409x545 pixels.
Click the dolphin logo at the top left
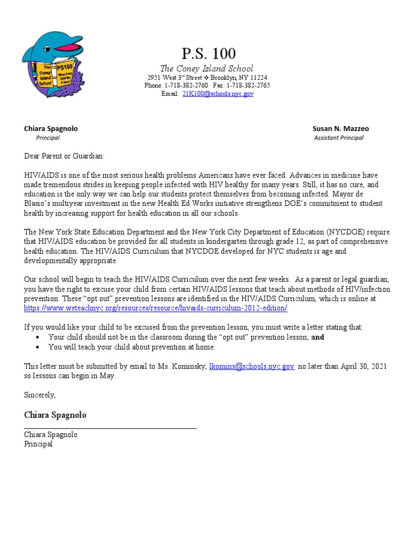pyautogui.click(x=53, y=63)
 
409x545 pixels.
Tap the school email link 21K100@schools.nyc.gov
pyautogui.click(x=210, y=93)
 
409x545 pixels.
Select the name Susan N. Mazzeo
pyautogui.click(x=340, y=129)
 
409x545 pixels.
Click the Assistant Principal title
pyautogui.click(x=339, y=138)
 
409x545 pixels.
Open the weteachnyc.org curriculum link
pyautogui.click(x=156, y=308)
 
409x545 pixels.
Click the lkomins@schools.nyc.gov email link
pyautogui.click(x=251, y=367)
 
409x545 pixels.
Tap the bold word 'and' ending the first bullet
pyautogui.click(x=317, y=337)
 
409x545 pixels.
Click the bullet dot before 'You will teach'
pyautogui.click(x=37, y=347)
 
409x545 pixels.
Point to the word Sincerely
pyautogui.click(x=39, y=395)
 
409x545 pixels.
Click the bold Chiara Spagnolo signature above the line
pyautogui.click(x=55, y=415)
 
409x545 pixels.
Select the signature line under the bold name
pyautogui.click(x=110, y=428)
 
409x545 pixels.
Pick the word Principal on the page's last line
pyautogui.click(x=38, y=444)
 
